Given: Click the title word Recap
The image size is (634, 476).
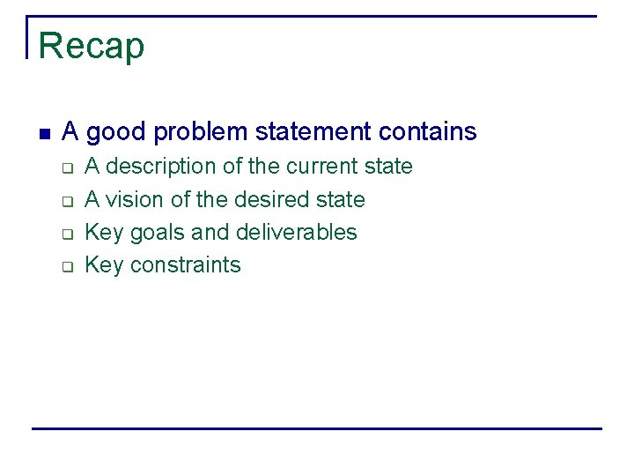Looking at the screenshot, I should pyautogui.click(x=91, y=46).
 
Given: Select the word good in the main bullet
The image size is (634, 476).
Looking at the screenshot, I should pyautogui.click(x=117, y=132).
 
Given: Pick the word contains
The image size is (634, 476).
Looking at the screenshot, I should pyautogui.click(x=427, y=132).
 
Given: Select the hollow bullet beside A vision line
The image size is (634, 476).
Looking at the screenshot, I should pyautogui.click(x=66, y=201).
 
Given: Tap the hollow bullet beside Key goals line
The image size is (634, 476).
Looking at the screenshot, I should pyautogui.click(x=66, y=234).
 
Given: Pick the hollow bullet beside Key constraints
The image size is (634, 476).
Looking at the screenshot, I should pyautogui.click(x=66, y=267).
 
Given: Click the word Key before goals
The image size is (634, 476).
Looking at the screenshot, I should pyautogui.click(x=103, y=233).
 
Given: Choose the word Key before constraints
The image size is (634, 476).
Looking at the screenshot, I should pyautogui.click(x=103, y=265).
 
